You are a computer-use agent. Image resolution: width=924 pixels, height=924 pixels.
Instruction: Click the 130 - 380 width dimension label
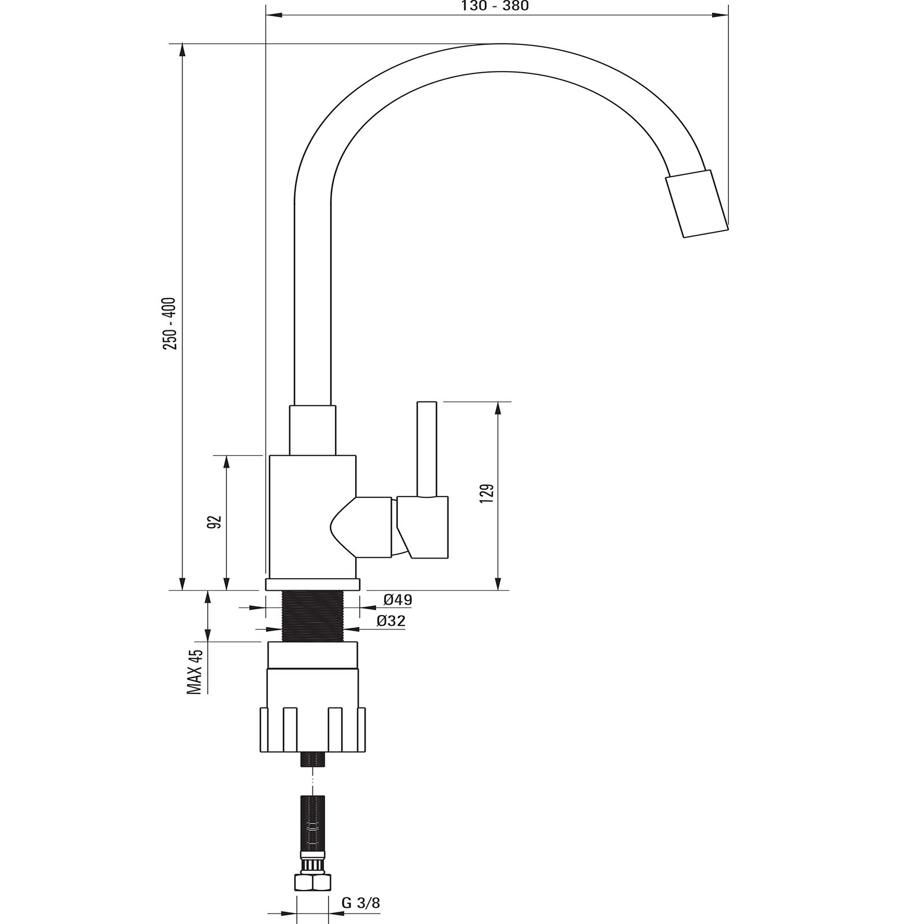click(x=495, y=6)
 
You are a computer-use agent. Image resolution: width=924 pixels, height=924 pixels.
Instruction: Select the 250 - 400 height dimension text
click(x=170, y=323)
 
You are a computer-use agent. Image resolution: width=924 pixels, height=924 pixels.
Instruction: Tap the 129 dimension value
click(x=487, y=495)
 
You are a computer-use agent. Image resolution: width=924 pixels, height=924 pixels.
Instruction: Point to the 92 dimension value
click(x=215, y=521)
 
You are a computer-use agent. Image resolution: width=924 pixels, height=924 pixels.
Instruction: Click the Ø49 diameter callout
click(x=398, y=600)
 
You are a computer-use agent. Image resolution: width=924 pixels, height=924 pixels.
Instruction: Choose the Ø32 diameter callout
click(x=390, y=621)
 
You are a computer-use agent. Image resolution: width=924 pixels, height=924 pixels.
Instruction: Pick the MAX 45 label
click(x=195, y=672)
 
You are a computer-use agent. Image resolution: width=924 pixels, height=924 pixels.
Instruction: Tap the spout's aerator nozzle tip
click(x=696, y=204)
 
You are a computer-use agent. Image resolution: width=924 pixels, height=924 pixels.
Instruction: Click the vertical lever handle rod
click(x=427, y=449)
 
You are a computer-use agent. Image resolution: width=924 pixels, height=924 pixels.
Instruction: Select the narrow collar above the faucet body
click(x=312, y=430)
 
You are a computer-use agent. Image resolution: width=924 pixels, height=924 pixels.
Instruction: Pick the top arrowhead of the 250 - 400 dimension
click(x=182, y=50)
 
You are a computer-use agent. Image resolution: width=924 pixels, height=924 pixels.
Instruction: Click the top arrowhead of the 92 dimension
click(x=226, y=462)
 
